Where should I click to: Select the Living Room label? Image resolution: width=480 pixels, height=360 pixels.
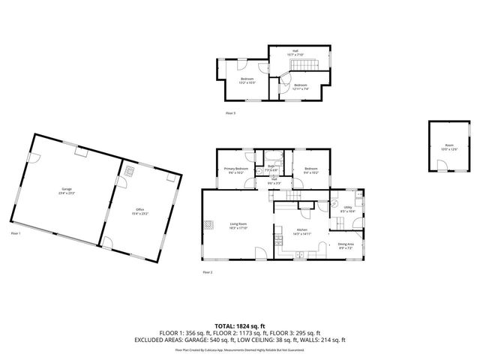tap(238, 225)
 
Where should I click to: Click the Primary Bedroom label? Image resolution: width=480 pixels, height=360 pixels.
tap(236, 170)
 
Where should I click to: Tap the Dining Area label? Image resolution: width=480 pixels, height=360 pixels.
tap(346, 245)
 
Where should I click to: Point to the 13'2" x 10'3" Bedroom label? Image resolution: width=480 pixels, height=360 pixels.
tap(247, 80)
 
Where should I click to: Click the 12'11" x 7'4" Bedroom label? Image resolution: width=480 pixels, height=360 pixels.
tap(300, 87)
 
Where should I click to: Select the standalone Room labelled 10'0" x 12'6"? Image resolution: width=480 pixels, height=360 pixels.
tap(448, 147)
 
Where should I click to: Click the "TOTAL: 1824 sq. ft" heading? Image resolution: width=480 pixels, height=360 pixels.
tap(239, 326)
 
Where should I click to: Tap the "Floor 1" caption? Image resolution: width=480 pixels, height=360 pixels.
tap(16, 234)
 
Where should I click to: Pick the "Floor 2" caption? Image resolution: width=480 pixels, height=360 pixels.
tap(208, 272)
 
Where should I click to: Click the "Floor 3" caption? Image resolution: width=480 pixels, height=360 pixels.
tap(230, 112)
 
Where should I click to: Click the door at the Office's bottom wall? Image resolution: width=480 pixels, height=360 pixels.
tap(107, 243)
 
